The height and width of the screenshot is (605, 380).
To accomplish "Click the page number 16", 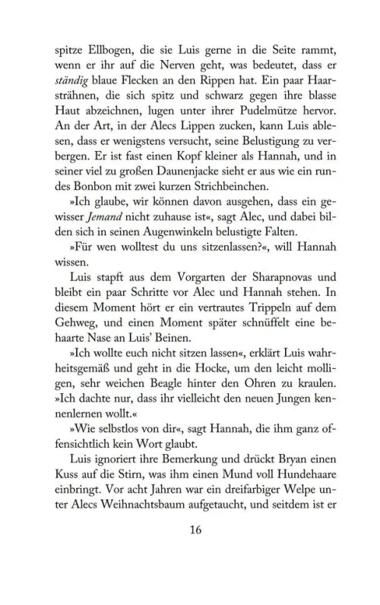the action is click(x=191, y=572).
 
